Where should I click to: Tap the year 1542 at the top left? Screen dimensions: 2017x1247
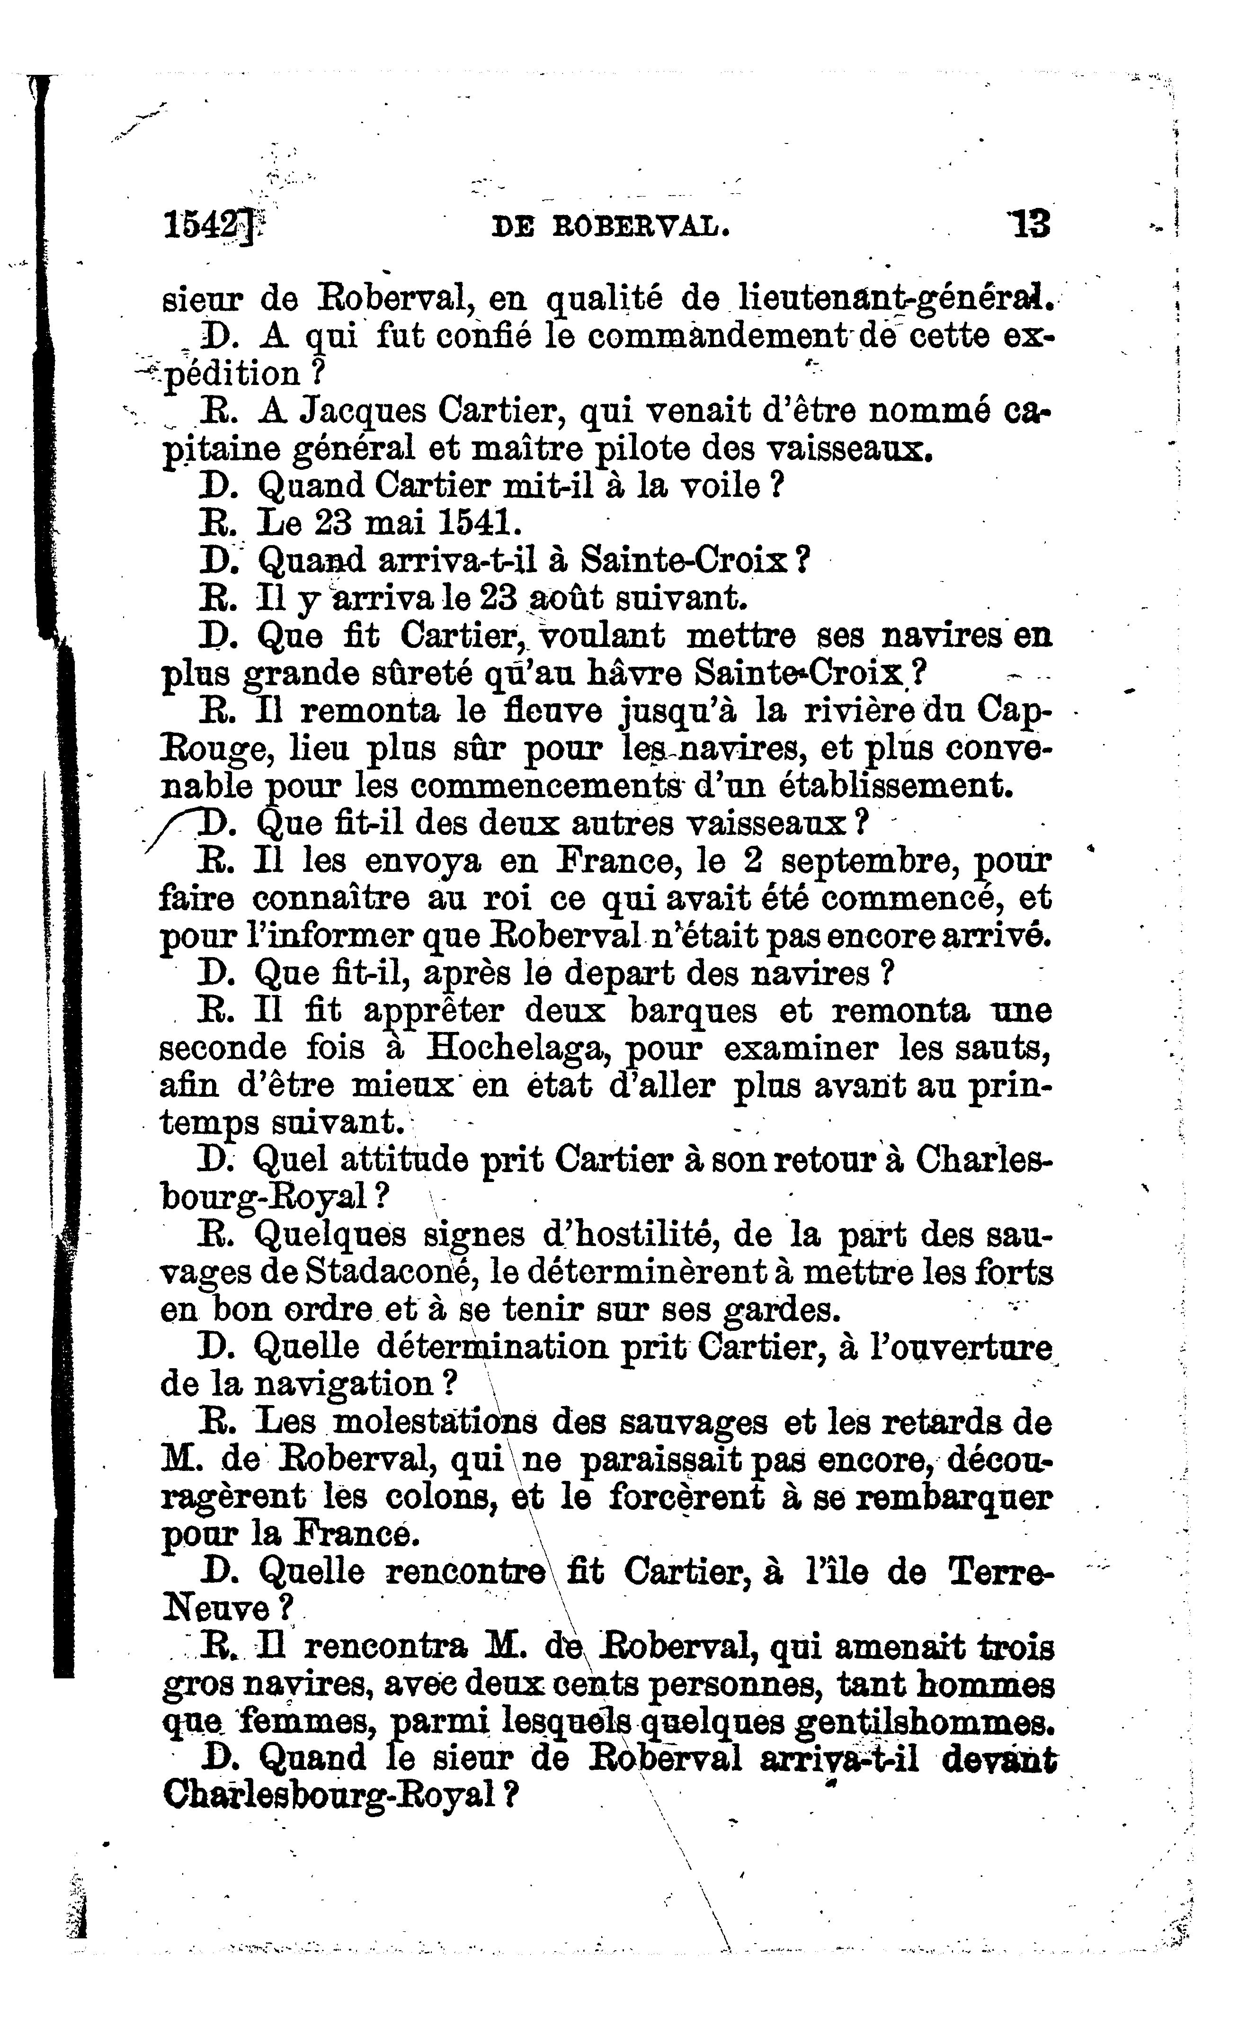[206, 224]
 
